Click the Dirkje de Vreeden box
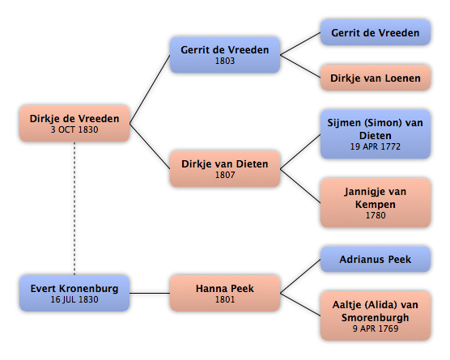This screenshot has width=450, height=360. pos(74,124)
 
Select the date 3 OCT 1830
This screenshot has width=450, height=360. pos(74,129)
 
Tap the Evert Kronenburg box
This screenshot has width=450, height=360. pos(74,293)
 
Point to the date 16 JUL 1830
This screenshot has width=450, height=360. pos(74,299)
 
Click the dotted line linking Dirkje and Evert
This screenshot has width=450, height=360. pos(74,208)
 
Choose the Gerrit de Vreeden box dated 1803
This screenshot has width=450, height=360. pos(225,55)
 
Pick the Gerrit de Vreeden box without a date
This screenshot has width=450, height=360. pos(376,32)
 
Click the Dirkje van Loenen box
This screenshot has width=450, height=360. pos(376,78)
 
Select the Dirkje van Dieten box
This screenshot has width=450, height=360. pos(225,169)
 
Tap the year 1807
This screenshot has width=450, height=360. pos(225,175)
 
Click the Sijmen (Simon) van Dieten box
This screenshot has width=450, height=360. pos(376,134)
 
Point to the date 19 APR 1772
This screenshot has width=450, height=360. pos(376,146)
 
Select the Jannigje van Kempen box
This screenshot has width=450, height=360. pos(376,203)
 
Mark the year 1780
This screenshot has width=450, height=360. pos(376,215)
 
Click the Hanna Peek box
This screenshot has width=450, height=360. pos(225,293)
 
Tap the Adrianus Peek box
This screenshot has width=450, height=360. pos(376,260)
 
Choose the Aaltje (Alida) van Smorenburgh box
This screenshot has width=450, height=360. pos(376,316)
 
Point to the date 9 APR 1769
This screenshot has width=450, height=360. pos(376,328)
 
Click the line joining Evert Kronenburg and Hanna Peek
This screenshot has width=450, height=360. pos(150,293)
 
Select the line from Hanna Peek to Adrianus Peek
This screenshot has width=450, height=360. pos(300,276)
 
